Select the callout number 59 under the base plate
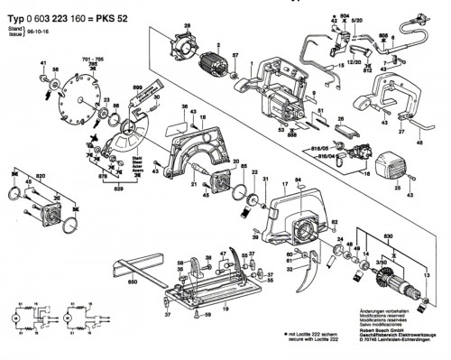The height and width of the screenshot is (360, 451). click(208, 314)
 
